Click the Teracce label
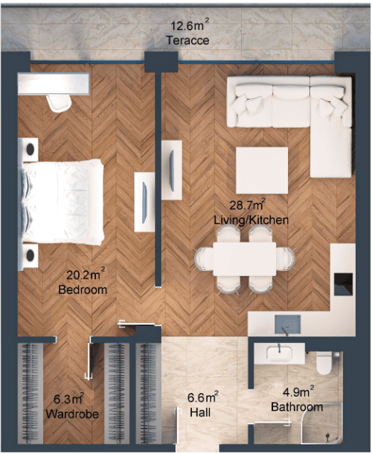pyautogui.click(x=187, y=40)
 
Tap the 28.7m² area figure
pyautogui.click(x=248, y=205)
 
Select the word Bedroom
pyautogui.click(x=83, y=290)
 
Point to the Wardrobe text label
pyautogui.click(x=72, y=414)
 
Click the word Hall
pyautogui.click(x=200, y=412)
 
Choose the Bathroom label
pyautogui.click(x=297, y=407)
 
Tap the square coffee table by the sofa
pyautogui.click(x=262, y=170)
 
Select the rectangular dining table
pyautogui.click(x=245, y=259)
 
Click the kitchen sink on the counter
pyautogui.click(x=287, y=324)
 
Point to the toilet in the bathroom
pyautogui.click(x=324, y=362)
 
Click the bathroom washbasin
pyautogui.click(x=279, y=354)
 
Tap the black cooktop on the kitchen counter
pyautogui.click(x=343, y=284)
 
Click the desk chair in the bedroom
pyautogui.click(x=59, y=103)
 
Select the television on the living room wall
pyautogui.click(x=172, y=170)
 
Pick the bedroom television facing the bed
pyautogui.click(x=144, y=202)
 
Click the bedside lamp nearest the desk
pyautogui.click(x=30, y=150)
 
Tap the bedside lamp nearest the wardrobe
pyautogui.click(x=30, y=255)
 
